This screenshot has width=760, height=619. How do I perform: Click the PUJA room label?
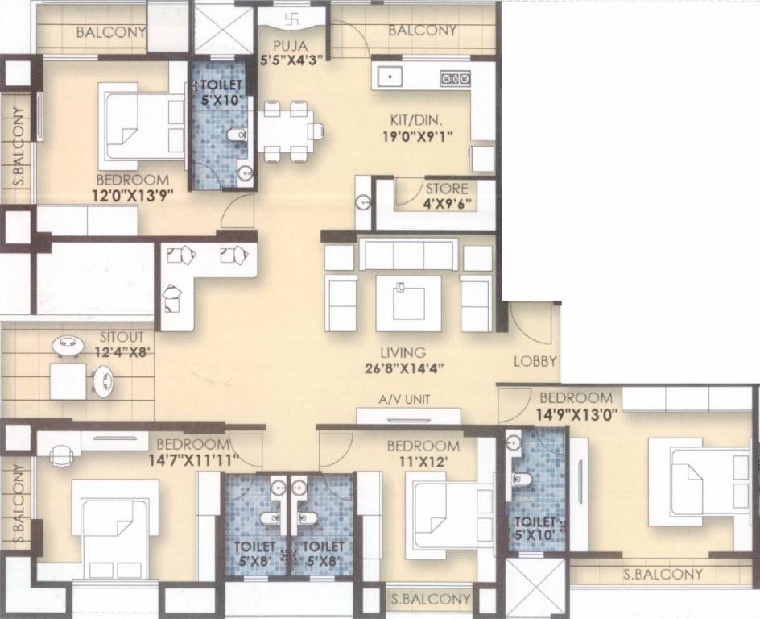pos(284,45)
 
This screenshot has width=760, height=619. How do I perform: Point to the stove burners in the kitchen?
pos(454,78)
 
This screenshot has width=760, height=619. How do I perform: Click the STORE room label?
pos(448,189)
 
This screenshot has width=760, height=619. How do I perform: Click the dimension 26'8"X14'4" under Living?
pos(403,370)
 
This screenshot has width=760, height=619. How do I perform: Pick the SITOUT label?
pos(122,336)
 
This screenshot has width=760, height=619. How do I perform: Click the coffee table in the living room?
pos(408,304)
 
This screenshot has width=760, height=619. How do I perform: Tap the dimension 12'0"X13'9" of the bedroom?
pos(132,194)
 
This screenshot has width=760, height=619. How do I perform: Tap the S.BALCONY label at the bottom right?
pos(663,575)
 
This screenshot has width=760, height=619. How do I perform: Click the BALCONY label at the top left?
pos(111,33)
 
